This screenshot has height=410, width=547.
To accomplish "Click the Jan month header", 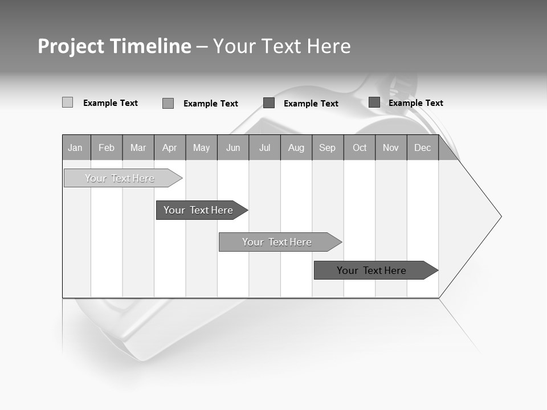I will point(75,148).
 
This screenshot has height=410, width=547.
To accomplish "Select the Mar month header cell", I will point(138,148).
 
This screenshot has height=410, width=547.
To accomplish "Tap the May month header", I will point(201,148).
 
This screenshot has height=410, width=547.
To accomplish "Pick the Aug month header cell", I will point(296,148).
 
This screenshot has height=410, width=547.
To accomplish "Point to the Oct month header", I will point(360,148).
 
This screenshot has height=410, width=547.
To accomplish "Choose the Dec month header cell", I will point(422,148).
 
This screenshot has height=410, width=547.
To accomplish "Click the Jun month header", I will point(233,148).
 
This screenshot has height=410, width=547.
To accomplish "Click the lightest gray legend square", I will point(67,102).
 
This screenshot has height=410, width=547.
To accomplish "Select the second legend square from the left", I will point(168,103).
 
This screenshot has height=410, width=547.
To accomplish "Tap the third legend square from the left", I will point(269,103).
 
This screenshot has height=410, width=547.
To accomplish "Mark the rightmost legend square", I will point(374,102).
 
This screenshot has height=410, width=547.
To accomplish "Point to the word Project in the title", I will point(70,46).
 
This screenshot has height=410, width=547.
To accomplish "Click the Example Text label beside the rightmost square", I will point(415,103).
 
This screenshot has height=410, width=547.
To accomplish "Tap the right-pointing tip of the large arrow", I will point(499,216).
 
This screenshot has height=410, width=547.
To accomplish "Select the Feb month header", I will point(107,148).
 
